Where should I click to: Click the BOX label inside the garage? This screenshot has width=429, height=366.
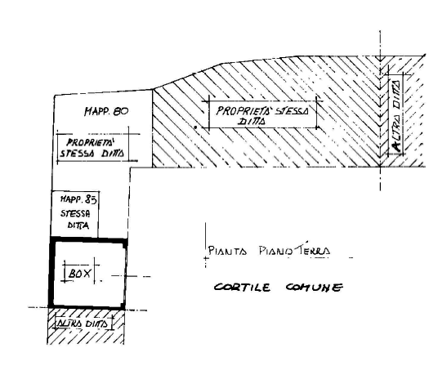coord(79,273)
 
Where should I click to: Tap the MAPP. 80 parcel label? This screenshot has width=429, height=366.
coord(106,111)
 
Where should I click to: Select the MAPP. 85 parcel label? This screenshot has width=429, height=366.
coord(78,199)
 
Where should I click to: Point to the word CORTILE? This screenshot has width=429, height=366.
coord(242,288)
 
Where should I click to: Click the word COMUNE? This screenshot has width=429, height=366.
coord(314,288)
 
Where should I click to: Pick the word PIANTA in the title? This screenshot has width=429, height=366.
coord(227,251)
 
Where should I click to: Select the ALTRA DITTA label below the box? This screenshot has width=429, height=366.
coord(83,324)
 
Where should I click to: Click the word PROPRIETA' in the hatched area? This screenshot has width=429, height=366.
coord(244,111)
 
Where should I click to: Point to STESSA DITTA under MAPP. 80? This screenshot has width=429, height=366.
coord(92,153)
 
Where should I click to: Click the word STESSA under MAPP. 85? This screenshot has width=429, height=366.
coord(75,213)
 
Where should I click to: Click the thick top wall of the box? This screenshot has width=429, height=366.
coord(88,240)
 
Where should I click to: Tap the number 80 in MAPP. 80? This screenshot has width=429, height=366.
coord(120,111)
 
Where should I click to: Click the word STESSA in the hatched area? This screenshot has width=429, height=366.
coord(292,111)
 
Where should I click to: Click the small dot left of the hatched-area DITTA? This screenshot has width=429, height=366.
coord(195,127)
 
